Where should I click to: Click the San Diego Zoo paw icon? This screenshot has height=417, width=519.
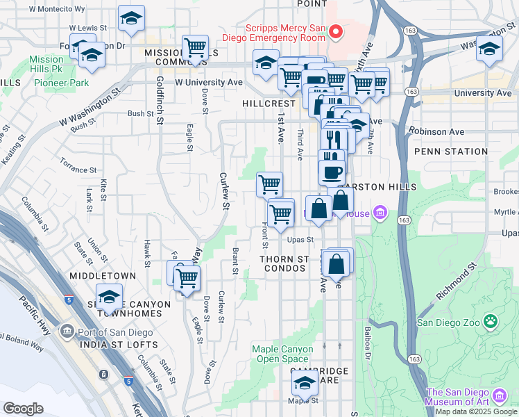coord(491,321)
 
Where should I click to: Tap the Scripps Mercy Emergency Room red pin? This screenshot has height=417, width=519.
coord(337,31)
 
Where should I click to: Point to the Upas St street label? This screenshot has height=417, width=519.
coord(300,239)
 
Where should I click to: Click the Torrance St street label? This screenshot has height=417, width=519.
coord(78,170)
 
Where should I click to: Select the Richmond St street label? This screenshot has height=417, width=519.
coord(457,282)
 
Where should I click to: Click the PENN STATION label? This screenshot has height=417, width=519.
coord(450,152)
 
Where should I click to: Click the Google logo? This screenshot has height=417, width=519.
coord(23,408)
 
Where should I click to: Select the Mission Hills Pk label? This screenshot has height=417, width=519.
coord(46,65)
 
